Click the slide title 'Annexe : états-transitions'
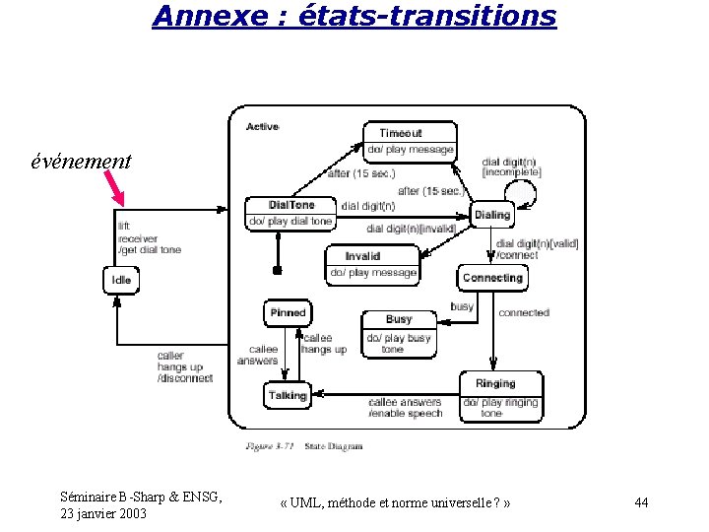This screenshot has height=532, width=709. pyautogui.click(x=354, y=16)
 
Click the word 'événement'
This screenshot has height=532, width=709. pyautogui.click(x=81, y=161)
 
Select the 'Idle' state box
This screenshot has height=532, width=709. pyautogui.click(x=121, y=280)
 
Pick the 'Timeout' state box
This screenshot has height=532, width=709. pyautogui.click(x=410, y=140)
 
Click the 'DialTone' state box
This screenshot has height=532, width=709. pyautogui.click(x=291, y=213)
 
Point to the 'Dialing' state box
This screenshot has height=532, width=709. pyautogui.click(x=492, y=215)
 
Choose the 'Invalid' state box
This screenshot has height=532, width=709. pyautogui.click(x=372, y=264)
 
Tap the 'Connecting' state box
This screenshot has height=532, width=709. pyautogui.click(x=492, y=278)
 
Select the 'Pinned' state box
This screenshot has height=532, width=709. pyautogui.click(x=288, y=313)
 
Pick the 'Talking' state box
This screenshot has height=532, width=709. pyautogui.click(x=288, y=395)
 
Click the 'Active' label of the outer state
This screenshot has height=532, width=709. pyautogui.click(x=262, y=126)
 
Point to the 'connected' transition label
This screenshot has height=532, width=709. pyautogui.click(x=523, y=313)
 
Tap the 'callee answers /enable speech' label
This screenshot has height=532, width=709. pyautogui.click(x=405, y=407)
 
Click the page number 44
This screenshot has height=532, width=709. pyautogui.click(x=641, y=503)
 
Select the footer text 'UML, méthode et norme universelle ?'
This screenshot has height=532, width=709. pyautogui.click(x=395, y=503)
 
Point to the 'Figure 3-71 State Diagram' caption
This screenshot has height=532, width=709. pyautogui.click(x=304, y=446)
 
